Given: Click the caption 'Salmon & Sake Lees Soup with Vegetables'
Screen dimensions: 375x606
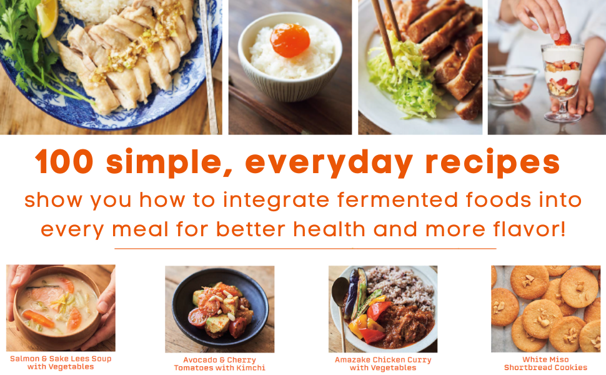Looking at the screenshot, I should [x=61, y=363].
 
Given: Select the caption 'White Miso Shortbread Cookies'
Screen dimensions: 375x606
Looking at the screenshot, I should [x=545, y=364].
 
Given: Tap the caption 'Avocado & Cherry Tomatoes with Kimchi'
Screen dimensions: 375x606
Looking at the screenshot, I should [x=219, y=364].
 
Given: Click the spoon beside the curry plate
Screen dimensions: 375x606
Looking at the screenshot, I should [x=342, y=300].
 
